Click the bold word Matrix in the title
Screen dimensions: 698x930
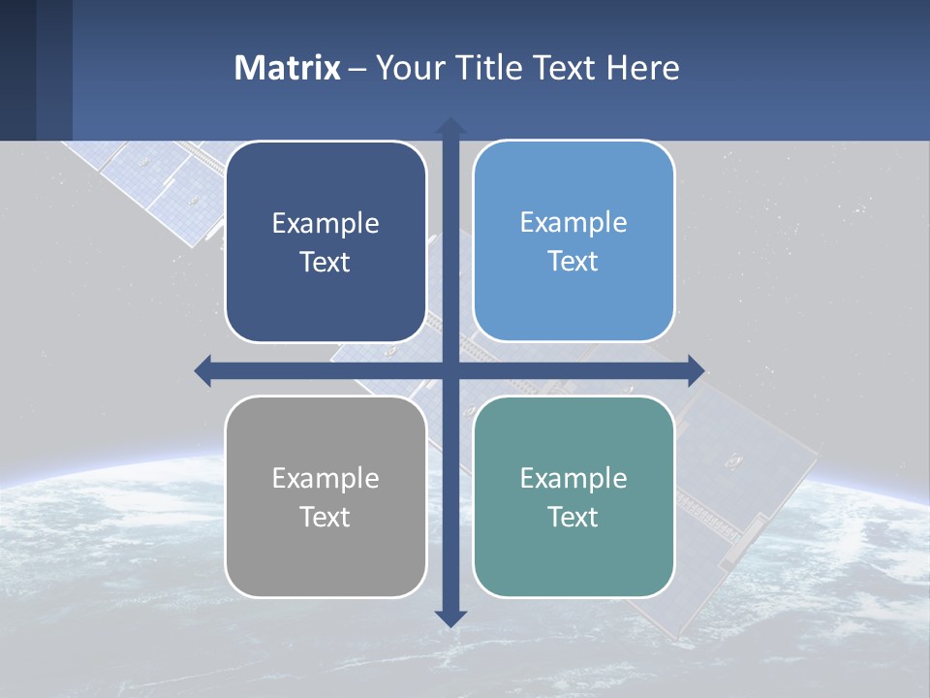(288, 68)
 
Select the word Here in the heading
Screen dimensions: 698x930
(643, 68)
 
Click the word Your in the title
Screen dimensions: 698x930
(408, 68)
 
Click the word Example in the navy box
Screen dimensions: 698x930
(325, 224)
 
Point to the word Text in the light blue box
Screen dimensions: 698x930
(573, 262)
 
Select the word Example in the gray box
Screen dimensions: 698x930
(325, 479)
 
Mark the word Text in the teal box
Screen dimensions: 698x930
(573, 518)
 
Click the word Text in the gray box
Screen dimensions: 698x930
(325, 518)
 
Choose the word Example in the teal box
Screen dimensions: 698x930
(573, 479)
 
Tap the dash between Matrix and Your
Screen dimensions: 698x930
(357, 69)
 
